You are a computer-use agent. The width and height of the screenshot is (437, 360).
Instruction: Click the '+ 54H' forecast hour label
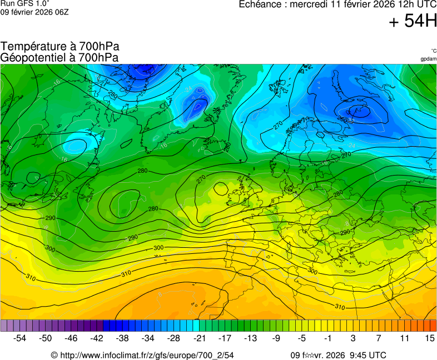coord(413,22)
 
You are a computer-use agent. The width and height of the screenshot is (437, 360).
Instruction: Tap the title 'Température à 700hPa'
coord(60,47)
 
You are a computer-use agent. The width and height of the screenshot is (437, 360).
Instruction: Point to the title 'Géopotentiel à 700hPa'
coord(60,57)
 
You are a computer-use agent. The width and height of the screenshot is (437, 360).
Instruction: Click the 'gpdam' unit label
coord(428,58)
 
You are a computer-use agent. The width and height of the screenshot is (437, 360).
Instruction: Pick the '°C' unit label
coord(433,51)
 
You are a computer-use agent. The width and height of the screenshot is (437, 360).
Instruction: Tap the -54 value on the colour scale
coord(20,338)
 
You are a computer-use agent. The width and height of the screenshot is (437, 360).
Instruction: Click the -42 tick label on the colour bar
coord(97,338)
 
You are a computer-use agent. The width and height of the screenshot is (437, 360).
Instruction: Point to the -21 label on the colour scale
coord(199,338)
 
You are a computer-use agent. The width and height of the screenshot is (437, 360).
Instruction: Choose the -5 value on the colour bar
coord(301,338)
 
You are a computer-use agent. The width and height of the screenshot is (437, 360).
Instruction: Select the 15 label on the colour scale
coord(429,338)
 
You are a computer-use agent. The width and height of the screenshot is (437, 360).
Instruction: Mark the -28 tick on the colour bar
coord(173,338)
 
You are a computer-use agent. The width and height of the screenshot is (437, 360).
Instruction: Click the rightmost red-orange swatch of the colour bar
coord(433,326)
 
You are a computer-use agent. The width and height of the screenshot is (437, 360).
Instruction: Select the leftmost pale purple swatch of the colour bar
coord(4,326)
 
